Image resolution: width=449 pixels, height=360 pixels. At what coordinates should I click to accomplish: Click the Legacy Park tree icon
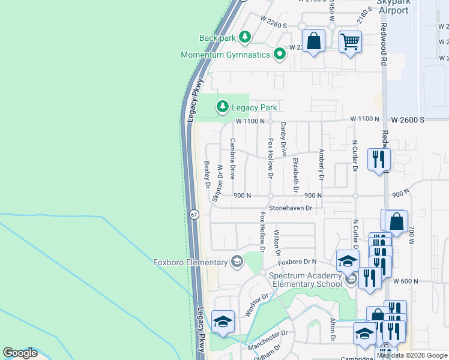(223, 107)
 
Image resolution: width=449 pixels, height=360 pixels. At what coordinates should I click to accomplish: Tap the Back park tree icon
(244, 38)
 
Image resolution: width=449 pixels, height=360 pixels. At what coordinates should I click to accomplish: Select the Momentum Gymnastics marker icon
(279, 55)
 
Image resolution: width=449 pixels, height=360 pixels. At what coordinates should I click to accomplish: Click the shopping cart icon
(350, 42)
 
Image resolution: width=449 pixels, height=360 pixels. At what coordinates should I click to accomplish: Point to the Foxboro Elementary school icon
(237, 262)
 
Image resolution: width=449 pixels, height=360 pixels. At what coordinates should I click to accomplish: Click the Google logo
(20, 353)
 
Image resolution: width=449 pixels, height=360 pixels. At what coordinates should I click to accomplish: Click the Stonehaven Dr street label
(291, 208)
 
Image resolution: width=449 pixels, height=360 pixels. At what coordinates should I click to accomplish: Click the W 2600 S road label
(406, 120)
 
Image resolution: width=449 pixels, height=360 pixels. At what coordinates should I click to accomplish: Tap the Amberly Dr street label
(322, 166)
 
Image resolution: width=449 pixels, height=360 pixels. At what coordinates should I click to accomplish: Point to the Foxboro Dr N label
(301, 262)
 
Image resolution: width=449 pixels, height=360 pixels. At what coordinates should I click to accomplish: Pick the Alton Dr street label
(332, 331)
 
